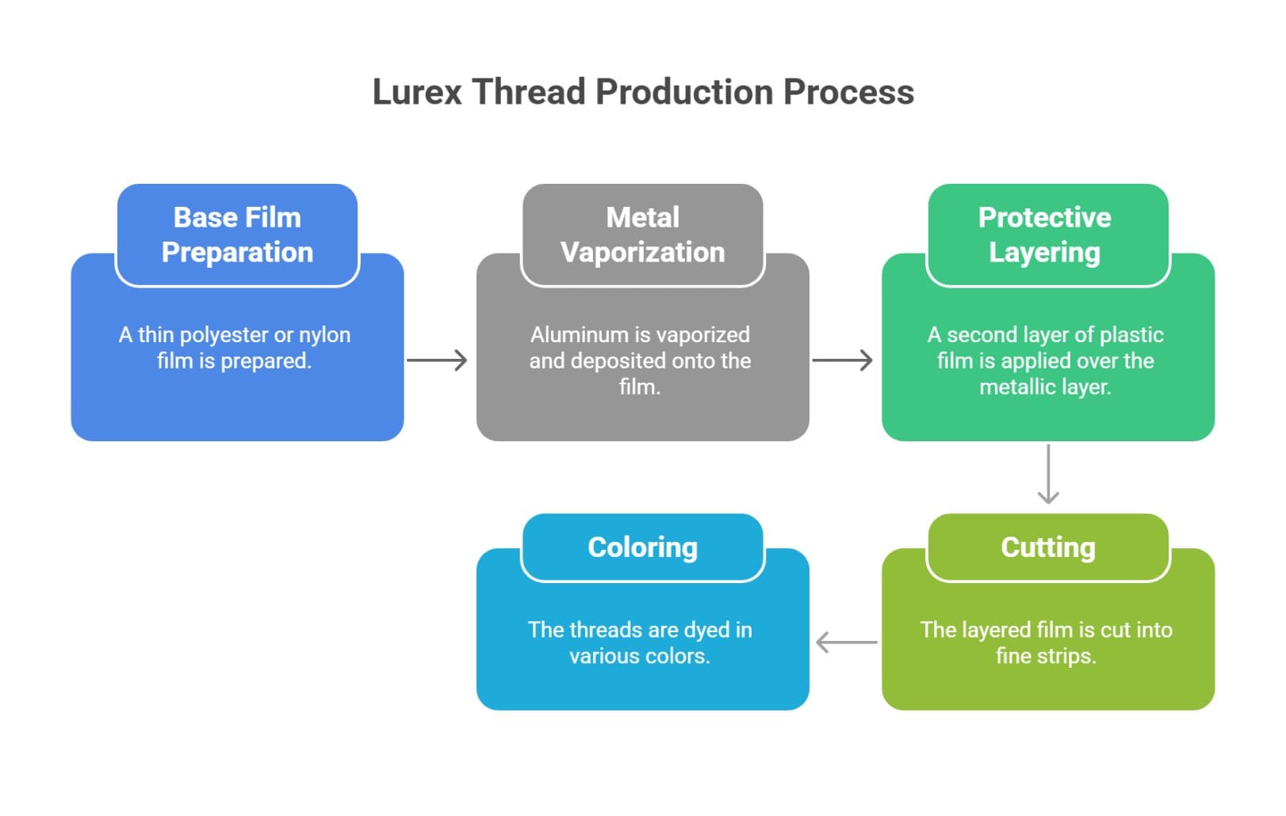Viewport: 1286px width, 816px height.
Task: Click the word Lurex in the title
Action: pos(417,92)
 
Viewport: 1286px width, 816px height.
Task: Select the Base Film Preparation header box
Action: pos(237,235)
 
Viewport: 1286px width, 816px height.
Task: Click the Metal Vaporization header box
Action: pos(642,235)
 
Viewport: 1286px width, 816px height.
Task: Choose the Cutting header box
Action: pos(1047,547)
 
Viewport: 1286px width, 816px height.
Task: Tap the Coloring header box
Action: pos(642,547)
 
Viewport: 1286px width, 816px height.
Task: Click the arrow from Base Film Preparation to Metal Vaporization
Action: pos(438,360)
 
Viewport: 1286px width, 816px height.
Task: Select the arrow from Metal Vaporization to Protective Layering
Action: pos(843,360)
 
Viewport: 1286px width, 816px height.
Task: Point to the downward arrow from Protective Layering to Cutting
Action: pos(1048,474)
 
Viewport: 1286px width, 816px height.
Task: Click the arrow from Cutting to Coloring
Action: pos(846,642)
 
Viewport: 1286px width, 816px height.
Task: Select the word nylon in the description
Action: pos(324,335)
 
